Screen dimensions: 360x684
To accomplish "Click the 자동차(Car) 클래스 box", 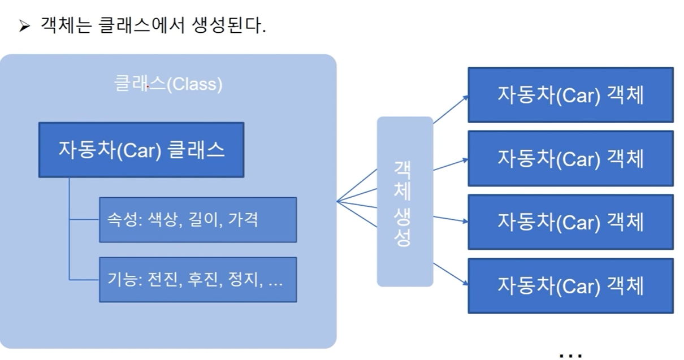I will [x=141, y=150].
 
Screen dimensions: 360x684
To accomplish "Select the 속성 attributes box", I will [x=198, y=219].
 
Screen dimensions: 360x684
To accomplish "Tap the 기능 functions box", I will [x=198, y=279].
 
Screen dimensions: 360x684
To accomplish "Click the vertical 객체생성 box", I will [x=405, y=201].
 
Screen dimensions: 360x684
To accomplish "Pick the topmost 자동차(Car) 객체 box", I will [x=570, y=95].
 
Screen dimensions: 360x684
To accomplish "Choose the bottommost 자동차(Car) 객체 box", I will [x=570, y=286].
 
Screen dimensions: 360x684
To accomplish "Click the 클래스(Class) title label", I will [x=168, y=84].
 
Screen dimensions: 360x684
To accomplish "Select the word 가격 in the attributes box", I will [x=243, y=219].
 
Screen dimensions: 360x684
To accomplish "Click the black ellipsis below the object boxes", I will [x=570, y=355].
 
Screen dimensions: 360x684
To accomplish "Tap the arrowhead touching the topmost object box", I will [x=465, y=97].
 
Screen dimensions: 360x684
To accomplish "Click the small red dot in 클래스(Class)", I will [x=147, y=87].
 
